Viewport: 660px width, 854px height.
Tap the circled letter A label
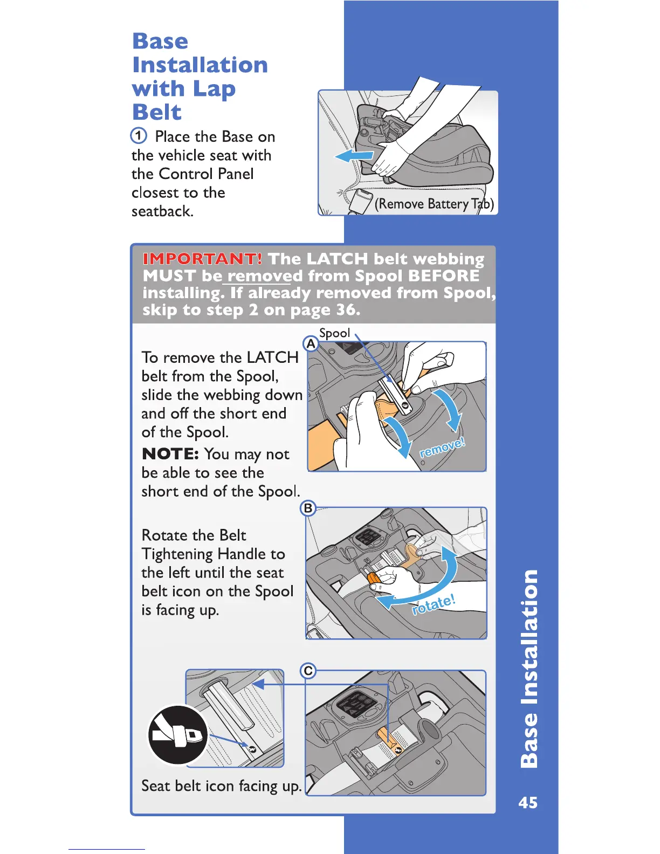(x=311, y=343)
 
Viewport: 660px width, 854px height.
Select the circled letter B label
(x=308, y=508)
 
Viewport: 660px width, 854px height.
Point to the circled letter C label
(x=308, y=671)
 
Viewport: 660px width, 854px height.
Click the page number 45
(x=528, y=803)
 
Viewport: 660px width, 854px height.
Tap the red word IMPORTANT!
(x=203, y=259)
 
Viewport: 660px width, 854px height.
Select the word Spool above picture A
(x=334, y=333)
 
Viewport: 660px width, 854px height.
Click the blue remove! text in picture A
(x=442, y=447)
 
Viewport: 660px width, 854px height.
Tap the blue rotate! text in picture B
(x=434, y=604)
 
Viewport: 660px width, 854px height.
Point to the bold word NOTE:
(x=170, y=454)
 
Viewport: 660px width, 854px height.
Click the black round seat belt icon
(x=178, y=734)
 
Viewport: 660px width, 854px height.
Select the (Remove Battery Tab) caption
(x=434, y=204)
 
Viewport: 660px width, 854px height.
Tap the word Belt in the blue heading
(x=157, y=112)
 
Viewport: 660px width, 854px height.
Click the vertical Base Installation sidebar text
(x=530, y=669)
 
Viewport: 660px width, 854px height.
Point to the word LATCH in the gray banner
(x=338, y=259)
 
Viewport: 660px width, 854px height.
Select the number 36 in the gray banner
(x=346, y=310)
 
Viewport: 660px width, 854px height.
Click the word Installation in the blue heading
(x=200, y=65)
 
